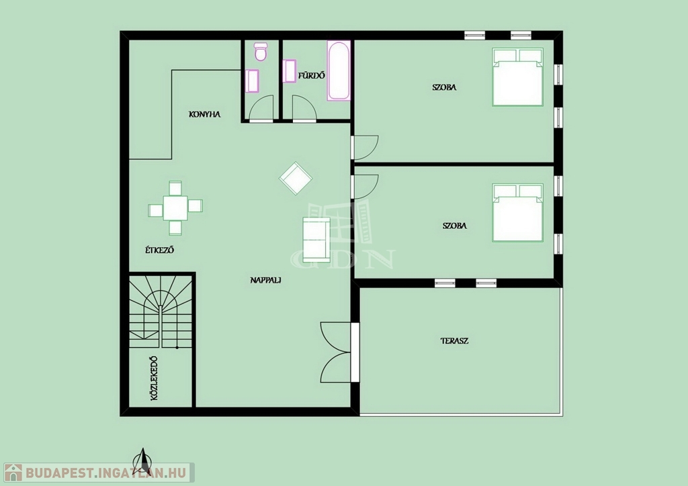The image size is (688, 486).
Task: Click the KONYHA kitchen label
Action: click(x=204, y=114)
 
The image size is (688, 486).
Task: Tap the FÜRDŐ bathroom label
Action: click(x=312, y=75)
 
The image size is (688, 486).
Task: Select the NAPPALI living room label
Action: click(x=265, y=280)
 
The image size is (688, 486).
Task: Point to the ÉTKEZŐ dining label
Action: click(x=160, y=250)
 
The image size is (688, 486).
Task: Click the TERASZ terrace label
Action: click(x=455, y=340)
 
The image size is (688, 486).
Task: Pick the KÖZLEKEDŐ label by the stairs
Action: click(x=154, y=378)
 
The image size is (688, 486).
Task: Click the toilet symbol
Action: click(x=261, y=52)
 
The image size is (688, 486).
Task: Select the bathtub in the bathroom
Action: click(x=339, y=70)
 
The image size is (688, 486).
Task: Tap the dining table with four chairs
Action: click(x=175, y=207)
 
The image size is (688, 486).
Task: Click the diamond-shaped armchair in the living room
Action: click(x=296, y=178)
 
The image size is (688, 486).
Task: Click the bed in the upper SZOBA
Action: click(x=518, y=77)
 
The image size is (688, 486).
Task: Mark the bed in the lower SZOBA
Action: click(x=518, y=213)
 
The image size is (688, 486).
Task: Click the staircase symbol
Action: click(x=161, y=311)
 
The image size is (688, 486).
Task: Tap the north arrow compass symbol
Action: click(x=142, y=460)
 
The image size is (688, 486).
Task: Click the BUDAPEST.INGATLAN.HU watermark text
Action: click(x=105, y=473)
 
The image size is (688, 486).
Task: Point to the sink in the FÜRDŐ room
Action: click(x=290, y=71)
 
